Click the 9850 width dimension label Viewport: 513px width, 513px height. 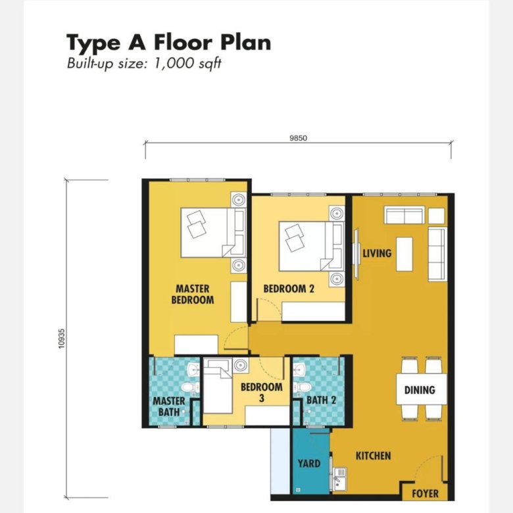tap(298, 138)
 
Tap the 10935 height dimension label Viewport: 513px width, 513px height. tap(62, 339)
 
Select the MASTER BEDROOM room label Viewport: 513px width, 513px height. tap(193, 295)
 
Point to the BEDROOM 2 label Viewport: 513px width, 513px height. tap(289, 289)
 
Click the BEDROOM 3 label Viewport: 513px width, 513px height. tap(261, 393)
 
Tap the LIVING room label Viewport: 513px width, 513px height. tap(377, 253)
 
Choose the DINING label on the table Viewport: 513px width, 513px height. tap(420, 390)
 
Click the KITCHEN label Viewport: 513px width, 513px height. tap(374, 456)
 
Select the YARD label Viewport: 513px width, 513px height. tap(309, 464)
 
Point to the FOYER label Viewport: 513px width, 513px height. tap(425, 493)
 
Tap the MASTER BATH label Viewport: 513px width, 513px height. tap(169, 406)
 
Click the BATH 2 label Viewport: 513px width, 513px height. tap(321, 400)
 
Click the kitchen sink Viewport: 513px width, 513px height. tap(339, 479)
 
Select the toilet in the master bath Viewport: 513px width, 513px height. tap(191, 387)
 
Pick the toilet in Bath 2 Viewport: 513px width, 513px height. tap(302, 387)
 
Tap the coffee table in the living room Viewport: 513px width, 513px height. tap(404, 255)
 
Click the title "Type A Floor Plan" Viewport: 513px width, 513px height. tap(169, 43)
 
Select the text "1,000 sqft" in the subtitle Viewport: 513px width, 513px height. tap(187, 63)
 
